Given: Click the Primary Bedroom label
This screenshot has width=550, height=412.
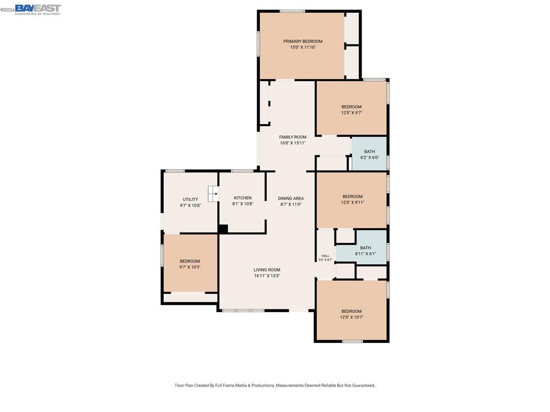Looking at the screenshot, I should pos(302,41).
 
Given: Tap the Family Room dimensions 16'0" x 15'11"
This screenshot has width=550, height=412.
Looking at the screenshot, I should pos(293,143).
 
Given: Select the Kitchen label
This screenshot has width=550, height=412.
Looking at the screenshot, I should pos(242,198).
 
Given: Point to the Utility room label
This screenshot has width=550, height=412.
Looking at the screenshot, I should pos(190,199).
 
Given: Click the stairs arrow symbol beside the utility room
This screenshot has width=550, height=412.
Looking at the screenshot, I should pos(213,194).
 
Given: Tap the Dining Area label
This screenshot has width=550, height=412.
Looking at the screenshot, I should pos(291,198).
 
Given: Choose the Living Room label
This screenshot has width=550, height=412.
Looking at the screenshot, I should pos(267,270).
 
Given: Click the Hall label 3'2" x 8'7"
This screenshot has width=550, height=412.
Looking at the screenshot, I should pos(325,258).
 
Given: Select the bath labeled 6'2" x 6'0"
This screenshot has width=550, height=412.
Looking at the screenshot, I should pos(369,154).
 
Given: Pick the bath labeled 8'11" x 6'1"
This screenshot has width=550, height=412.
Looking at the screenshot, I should pos(365,250).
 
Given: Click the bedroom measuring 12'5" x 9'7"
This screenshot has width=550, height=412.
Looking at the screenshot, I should pos(352,109).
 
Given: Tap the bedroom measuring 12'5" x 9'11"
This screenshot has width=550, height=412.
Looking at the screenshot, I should pos(352,199).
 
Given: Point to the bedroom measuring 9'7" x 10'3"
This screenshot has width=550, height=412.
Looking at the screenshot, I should pos(190,264).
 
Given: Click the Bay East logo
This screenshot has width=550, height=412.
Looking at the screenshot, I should pos(38,9).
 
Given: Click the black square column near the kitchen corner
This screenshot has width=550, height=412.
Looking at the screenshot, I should pos(223,229).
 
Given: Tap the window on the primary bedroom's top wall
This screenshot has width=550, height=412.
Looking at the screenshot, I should pos(292,11).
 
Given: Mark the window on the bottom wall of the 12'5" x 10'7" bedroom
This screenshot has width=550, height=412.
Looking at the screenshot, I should pos(352,341).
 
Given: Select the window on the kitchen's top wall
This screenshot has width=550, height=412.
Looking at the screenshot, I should pos(242,171).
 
